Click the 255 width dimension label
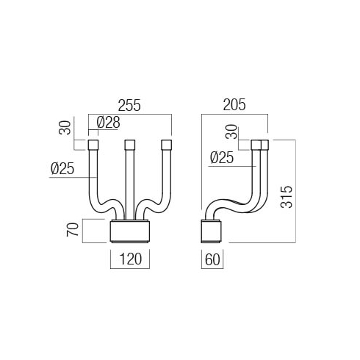point(129,105)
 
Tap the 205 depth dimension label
point(234,105)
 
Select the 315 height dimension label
point(287,197)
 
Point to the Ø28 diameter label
point(108,122)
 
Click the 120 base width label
point(131,259)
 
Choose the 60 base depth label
point(212,259)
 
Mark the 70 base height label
point(73,229)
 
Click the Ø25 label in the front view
point(62,168)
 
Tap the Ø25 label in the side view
point(222,157)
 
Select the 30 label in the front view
point(65,128)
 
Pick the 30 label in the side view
point(231,132)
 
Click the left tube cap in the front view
point(93,145)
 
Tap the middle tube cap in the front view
point(130,145)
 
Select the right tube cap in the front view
point(167,145)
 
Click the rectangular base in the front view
point(130,231)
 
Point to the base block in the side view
point(211,231)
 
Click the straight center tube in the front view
point(130,184)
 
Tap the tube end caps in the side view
point(260,145)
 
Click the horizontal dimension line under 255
point(130,114)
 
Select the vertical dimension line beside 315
point(295,191)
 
